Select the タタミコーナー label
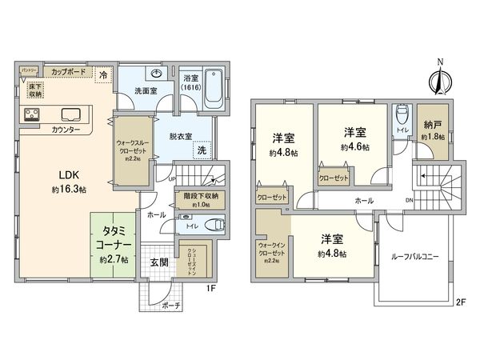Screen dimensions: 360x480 click(114, 237)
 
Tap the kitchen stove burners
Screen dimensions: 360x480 click(32, 114)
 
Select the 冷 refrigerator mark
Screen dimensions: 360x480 click(103, 74)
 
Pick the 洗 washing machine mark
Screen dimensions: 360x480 click(202, 151)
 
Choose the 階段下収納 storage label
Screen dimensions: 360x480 click(199, 195)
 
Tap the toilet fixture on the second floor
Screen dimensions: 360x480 click(402, 113)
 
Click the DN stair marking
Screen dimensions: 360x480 click(410, 200)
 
